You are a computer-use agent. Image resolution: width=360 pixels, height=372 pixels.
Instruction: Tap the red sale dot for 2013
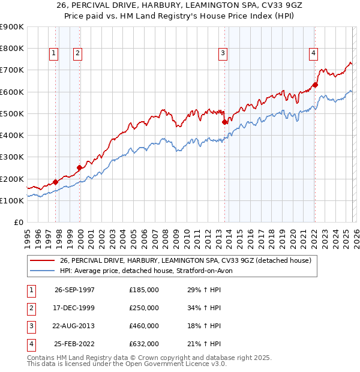point(225,122)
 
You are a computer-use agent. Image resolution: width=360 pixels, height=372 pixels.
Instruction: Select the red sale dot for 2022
point(315,85)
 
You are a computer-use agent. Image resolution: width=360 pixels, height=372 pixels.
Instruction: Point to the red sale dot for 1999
point(79,167)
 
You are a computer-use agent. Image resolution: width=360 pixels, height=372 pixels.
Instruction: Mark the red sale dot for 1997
point(56,182)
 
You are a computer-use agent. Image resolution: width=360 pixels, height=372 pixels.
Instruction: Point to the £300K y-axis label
point(12,157)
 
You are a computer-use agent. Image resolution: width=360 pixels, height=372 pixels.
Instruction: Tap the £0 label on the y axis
point(18,222)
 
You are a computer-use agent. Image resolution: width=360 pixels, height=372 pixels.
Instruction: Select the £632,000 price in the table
point(144,344)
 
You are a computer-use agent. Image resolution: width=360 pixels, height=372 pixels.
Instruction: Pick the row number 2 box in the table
point(30,308)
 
